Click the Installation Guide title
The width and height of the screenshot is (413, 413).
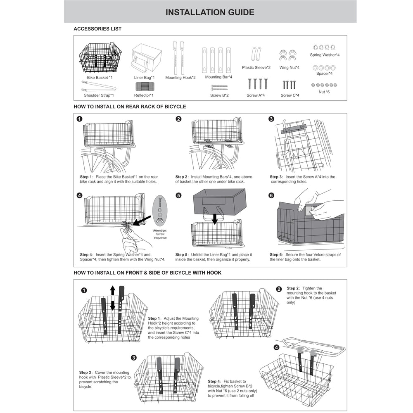210,12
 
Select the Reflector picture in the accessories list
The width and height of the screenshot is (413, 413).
145,86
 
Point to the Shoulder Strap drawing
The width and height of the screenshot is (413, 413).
99,86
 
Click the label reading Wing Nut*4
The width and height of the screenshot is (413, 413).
289,67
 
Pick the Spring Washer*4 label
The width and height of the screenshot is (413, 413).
325,55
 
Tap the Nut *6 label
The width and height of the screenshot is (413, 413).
324,92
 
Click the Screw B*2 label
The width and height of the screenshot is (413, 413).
219,95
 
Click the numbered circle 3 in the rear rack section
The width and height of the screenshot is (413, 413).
271,119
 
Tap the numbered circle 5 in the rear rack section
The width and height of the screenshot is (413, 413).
178,195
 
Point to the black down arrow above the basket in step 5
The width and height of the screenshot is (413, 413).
215,218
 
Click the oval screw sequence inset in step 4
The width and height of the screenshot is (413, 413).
160,211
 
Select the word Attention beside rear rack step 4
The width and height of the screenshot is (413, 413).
159,230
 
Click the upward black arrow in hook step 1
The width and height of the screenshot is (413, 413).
112,290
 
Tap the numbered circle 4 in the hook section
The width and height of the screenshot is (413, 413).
276,347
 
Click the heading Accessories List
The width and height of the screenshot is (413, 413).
97,29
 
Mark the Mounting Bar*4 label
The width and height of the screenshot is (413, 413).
218,77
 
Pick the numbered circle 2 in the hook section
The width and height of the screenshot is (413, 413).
279,289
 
